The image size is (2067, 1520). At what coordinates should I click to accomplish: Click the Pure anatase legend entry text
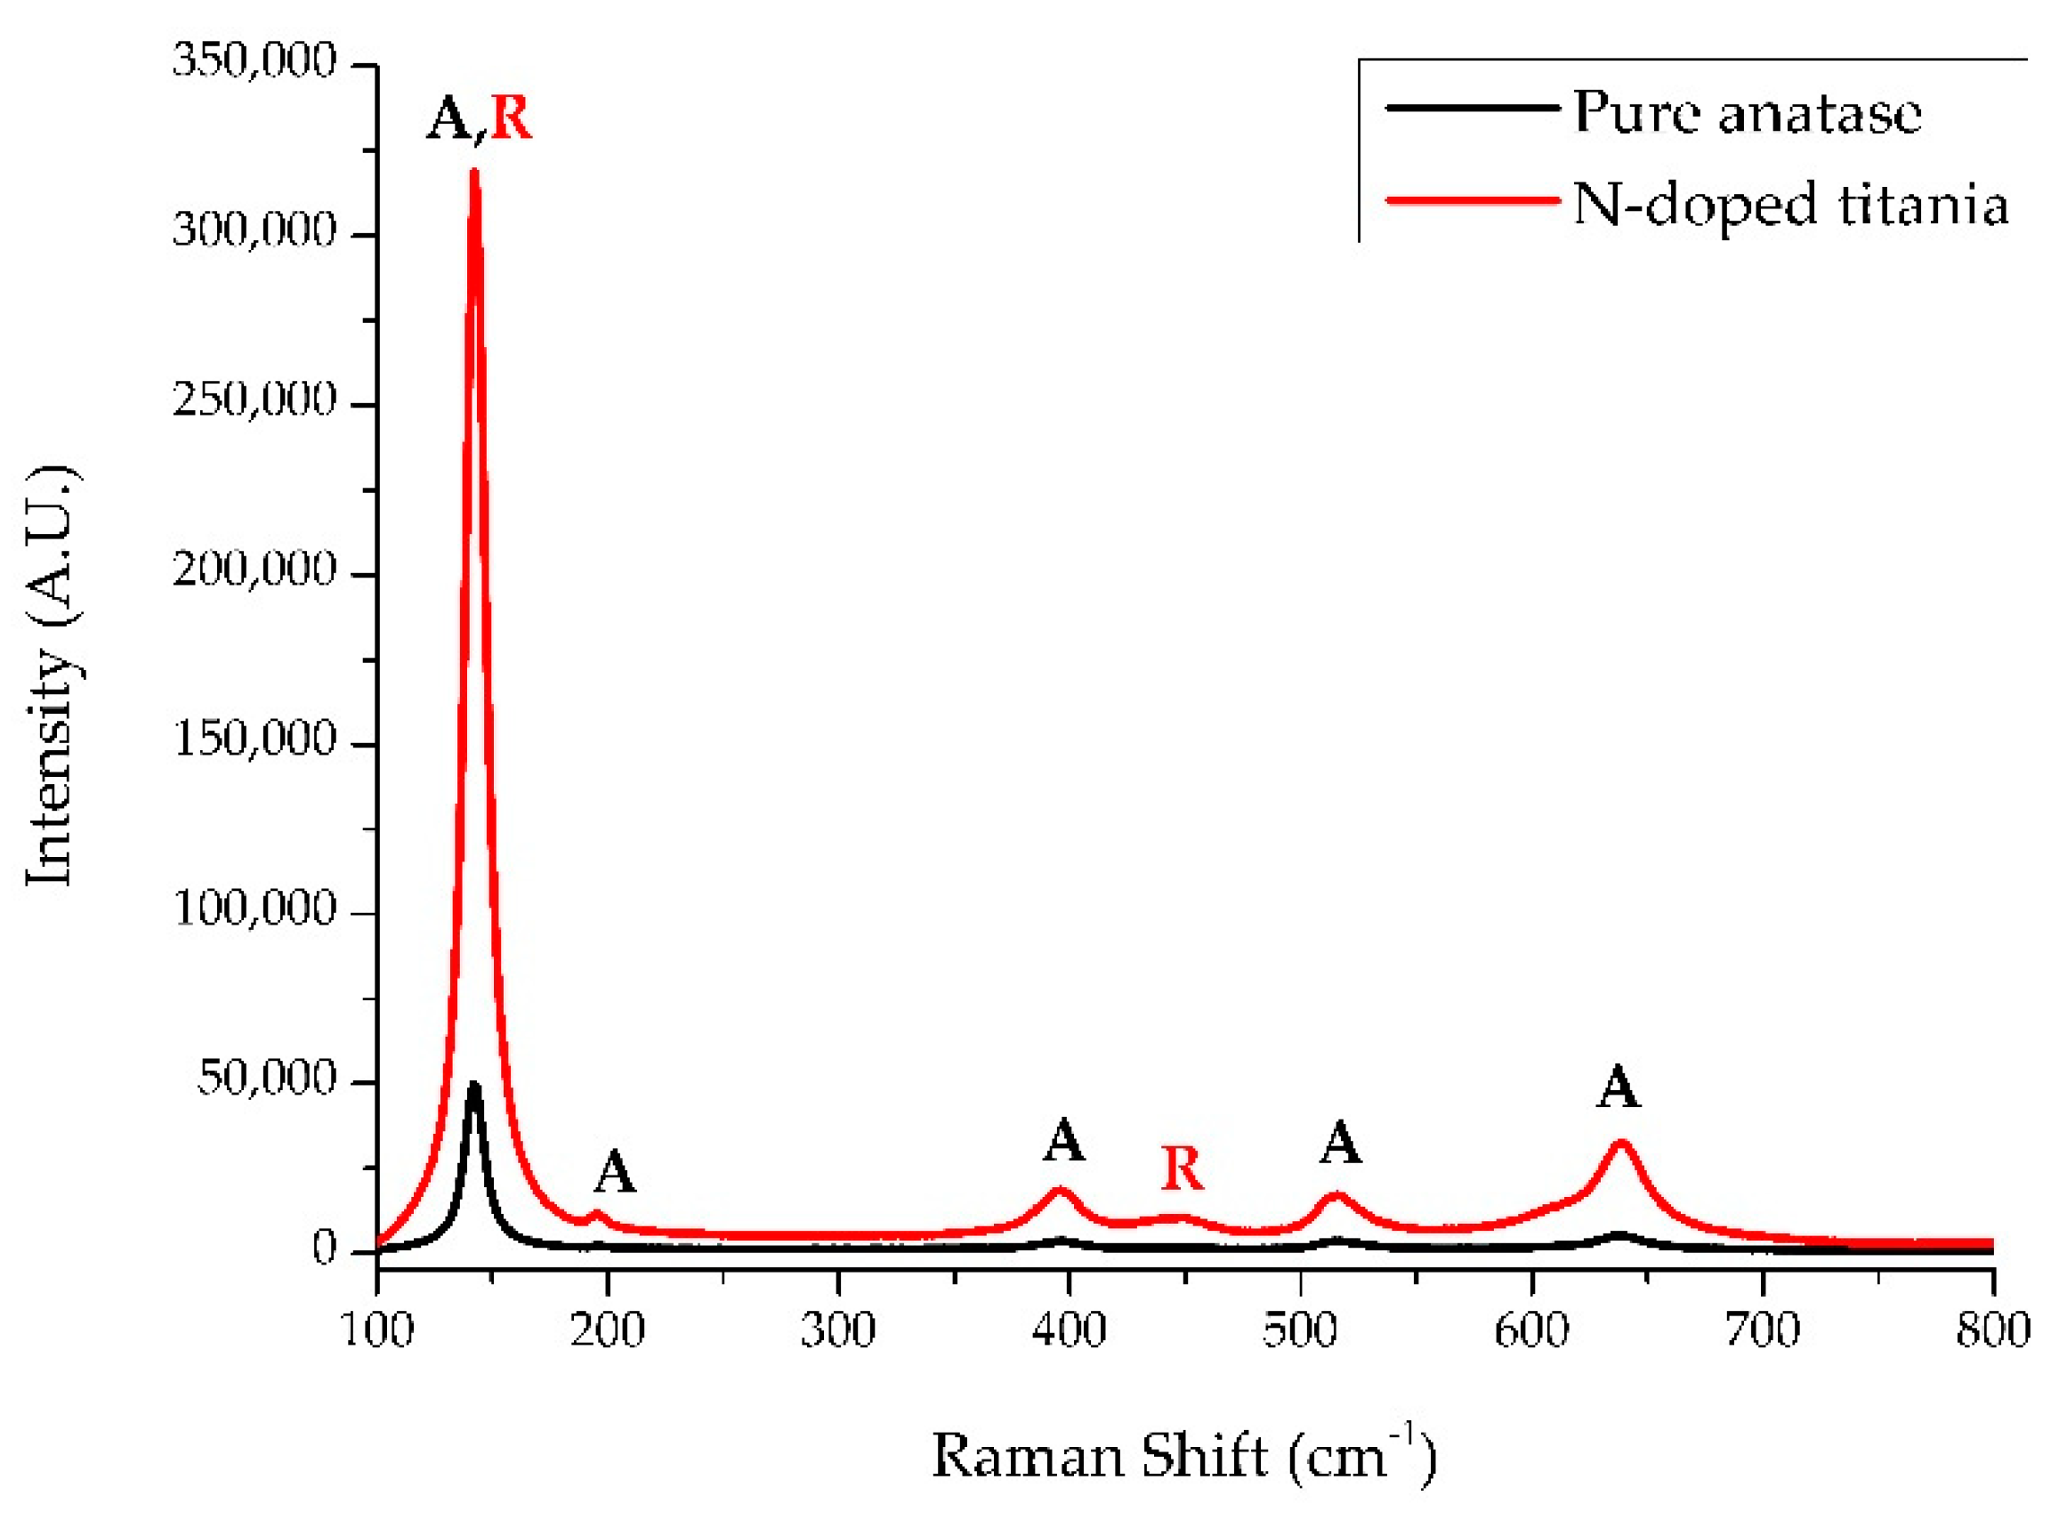click(1746, 112)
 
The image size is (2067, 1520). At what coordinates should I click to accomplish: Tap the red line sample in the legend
click(1470, 200)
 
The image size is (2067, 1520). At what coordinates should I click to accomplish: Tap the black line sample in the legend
click(1470, 109)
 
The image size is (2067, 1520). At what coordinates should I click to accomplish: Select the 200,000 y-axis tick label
click(254, 570)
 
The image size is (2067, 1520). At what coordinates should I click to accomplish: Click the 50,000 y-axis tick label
click(266, 1079)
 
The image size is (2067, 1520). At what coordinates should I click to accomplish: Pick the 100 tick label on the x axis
click(377, 1331)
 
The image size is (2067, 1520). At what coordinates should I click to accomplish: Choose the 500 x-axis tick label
click(1299, 1331)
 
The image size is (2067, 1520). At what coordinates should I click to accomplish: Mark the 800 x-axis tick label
click(1991, 1331)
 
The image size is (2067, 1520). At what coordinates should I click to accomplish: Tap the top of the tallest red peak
click(474, 172)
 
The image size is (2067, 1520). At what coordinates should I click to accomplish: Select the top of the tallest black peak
click(474, 1086)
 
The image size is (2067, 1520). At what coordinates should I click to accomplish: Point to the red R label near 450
click(1182, 1169)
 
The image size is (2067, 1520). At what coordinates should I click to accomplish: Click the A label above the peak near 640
click(1618, 1088)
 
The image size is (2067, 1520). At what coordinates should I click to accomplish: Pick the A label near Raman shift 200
click(615, 1173)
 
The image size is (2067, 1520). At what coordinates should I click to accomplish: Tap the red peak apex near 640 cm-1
click(1621, 1144)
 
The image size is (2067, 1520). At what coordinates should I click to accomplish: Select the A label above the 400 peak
click(1063, 1142)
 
